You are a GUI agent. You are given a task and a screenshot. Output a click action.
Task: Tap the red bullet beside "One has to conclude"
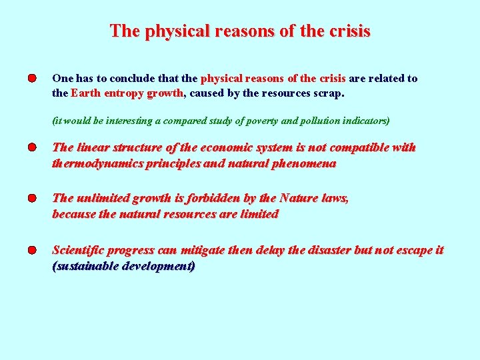coord(32,79)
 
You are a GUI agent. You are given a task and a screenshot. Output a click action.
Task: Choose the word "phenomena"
coord(305,163)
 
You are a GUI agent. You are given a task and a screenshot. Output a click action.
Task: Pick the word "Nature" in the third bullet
coord(299,198)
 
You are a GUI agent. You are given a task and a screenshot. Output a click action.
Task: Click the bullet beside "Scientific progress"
coord(32,251)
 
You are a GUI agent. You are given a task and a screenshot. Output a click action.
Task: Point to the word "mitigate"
coord(203,250)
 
